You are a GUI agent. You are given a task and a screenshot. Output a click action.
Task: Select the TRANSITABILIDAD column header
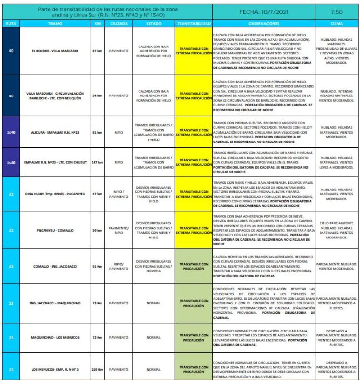coord(193,24)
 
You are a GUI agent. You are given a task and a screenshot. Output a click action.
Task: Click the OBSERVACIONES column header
coord(264,24)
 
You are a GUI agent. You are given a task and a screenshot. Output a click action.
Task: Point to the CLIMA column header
coord(336,24)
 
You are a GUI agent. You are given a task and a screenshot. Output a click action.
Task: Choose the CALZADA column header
coord(119,24)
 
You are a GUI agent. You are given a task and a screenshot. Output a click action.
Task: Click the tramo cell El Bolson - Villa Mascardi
coord(55,51)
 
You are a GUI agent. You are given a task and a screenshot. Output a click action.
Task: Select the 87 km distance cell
coord(97,51)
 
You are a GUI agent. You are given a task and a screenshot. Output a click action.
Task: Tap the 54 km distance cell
coord(97,95)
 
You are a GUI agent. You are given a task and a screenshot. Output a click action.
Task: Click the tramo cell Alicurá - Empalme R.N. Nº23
coord(55,132)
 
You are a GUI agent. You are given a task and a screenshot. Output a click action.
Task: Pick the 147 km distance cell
coord(97,162)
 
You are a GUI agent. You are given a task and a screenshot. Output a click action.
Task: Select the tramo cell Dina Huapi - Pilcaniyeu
coord(55,194)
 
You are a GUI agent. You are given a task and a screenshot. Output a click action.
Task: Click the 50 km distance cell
coord(97,231)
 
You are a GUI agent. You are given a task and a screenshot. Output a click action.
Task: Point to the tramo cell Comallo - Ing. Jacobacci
coord(55,266)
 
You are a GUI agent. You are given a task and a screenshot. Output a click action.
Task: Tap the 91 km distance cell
coord(97,266)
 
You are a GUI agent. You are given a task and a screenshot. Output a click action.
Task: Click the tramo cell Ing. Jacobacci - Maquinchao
coord(55,303)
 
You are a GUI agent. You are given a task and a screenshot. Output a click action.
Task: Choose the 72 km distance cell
coord(97,338)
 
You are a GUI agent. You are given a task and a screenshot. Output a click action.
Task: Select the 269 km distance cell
coord(97,369)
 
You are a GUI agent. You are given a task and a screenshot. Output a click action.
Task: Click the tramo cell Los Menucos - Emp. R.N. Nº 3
coord(55,369)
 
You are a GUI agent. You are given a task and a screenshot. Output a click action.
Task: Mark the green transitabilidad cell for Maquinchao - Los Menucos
coord(193,338)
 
